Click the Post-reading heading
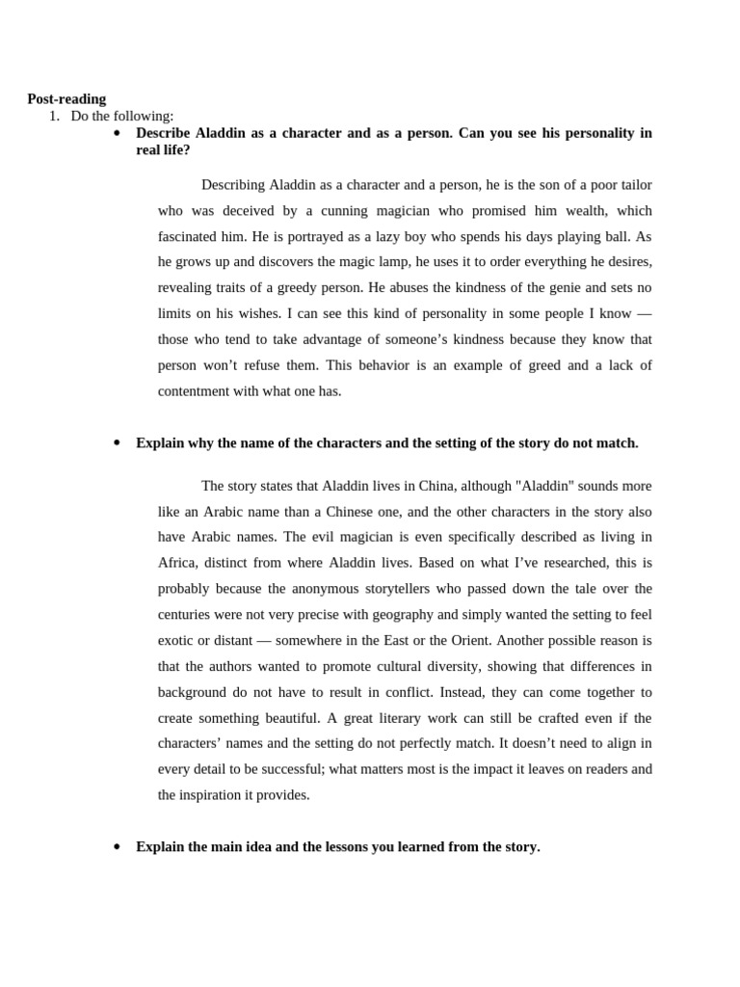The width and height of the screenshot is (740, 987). pos(66,99)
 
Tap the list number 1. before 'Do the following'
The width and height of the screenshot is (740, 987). pos(55,116)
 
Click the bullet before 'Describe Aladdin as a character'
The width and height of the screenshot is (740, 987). pos(117,133)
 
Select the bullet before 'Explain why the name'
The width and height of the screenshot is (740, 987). pos(117,443)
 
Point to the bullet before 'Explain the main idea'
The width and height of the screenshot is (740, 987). pos(117,847)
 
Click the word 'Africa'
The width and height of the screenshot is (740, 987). pos(179,563)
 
